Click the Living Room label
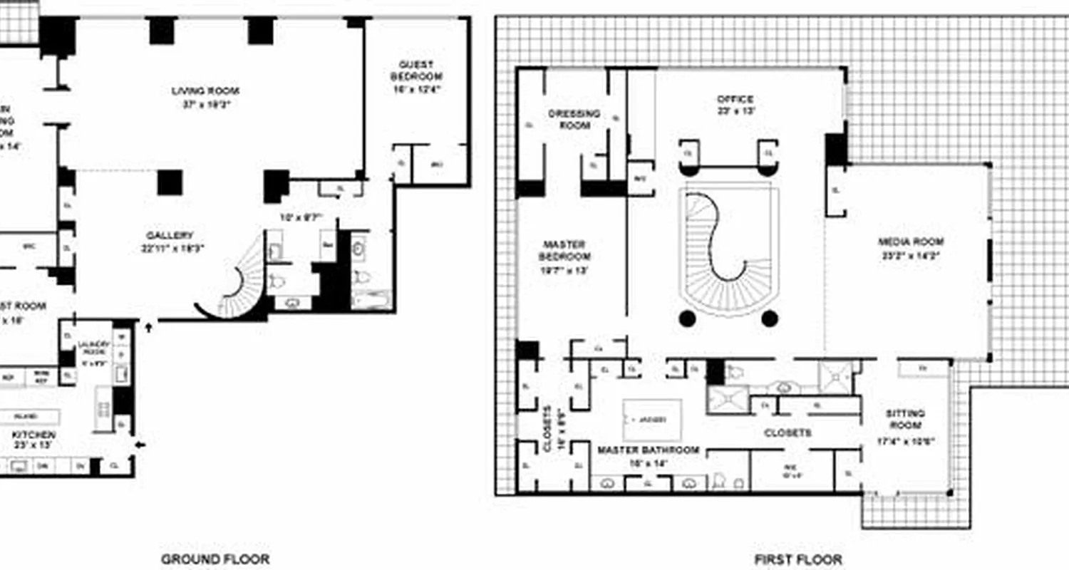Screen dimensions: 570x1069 pos(205,91)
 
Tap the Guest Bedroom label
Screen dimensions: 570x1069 pos(416,71)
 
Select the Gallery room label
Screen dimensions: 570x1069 pos(170,236)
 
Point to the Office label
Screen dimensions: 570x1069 pos(735,100)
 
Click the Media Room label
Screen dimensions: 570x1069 pos(911,242)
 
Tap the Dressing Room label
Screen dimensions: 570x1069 pos(574,119)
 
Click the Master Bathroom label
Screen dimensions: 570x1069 pos(648,450)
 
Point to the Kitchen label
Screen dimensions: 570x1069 pos(33,435)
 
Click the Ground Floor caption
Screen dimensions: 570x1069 pos(215,559)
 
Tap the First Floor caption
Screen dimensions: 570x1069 pos(798,560)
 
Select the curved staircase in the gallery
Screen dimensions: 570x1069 pos(239,285)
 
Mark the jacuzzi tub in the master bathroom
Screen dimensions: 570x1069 pos(651,420)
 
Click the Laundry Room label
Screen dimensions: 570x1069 pos(95,348)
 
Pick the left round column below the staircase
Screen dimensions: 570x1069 pos(686,318)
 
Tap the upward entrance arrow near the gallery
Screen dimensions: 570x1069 pos(149,328)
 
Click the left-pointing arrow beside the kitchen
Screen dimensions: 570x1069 pos(140,445)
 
